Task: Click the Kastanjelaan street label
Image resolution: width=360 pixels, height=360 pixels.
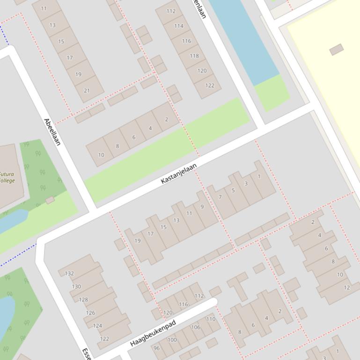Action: tap(178, 173)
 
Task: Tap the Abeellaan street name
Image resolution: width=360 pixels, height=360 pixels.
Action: tap(52, 131)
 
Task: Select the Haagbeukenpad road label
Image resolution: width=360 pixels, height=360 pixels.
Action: tap(153, 333)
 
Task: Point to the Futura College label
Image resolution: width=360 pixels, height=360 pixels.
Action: tap(7, 177)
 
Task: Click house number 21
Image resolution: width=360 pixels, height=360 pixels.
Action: tap(87, 90)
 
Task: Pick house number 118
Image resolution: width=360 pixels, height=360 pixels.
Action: tap(194, 56)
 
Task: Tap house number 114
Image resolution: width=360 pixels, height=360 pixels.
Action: tap(179, 26)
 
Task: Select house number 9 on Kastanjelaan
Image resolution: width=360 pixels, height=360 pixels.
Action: tap(202, 207)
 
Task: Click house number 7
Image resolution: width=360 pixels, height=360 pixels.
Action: tap(220, 197)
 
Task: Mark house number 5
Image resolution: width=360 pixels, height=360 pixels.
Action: tap(233, 190)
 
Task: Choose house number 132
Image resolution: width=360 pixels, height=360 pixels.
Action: tap(69, 274)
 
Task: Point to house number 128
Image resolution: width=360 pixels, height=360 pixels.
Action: tap(83, 300)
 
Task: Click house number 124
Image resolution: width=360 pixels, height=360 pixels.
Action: tap(97, 326)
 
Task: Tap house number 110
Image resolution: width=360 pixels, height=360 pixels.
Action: tap(211, 319)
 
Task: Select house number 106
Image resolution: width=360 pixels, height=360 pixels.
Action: tap(196, 327)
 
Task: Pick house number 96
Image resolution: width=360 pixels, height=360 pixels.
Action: tap(156, 348)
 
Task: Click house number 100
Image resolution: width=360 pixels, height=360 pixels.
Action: tap(172, 340)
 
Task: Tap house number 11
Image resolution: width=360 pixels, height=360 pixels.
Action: tap(44, 8)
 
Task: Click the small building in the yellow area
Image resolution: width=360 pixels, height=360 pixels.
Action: tap(336, 50)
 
